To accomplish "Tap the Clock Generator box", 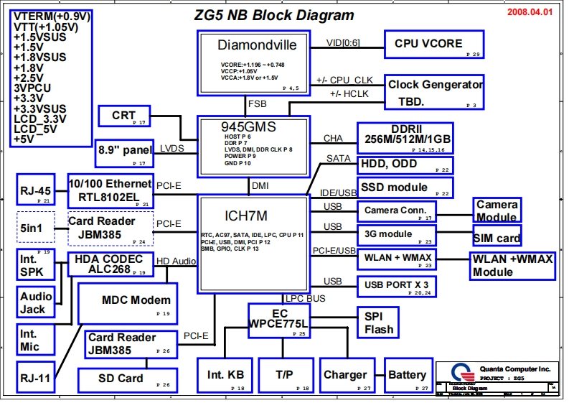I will pos(433,93).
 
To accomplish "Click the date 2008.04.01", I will pos(530,13).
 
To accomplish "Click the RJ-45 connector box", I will pos(36,190).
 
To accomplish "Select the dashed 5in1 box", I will pos(36,227).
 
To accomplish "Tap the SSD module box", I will pos(405,187).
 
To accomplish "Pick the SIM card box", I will pos(497,238).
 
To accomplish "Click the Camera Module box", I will pos(497,210).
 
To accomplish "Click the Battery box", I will pos(408,376).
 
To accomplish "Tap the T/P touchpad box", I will pos(283,376).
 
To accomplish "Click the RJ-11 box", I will pos(36,376).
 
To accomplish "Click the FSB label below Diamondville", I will pos(257,104).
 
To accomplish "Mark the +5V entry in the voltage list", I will pos(24,139).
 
